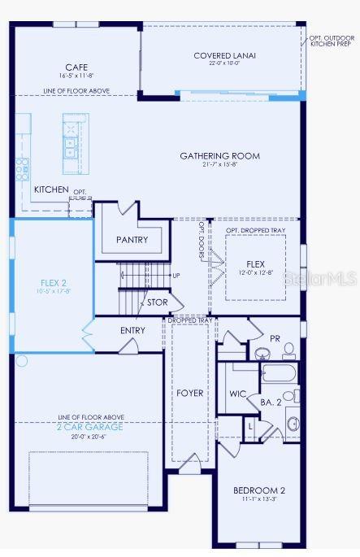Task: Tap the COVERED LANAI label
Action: click(224, 55)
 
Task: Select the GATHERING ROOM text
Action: click(219, 156)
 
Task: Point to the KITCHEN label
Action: click(51, 189)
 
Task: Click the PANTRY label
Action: click(132, 240)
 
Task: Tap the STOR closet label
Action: click(157, 302)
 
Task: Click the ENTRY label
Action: click(132, 330)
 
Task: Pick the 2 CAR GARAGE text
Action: click(90, 426)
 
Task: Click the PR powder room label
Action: click(275, 337)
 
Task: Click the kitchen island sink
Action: click(71, 146)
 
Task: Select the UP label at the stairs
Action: click(176, 276)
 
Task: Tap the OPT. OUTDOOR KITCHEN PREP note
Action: click(331, 40)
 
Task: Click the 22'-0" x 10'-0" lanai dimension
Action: click(224, 64)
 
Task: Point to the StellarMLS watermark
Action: click(325, 278)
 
